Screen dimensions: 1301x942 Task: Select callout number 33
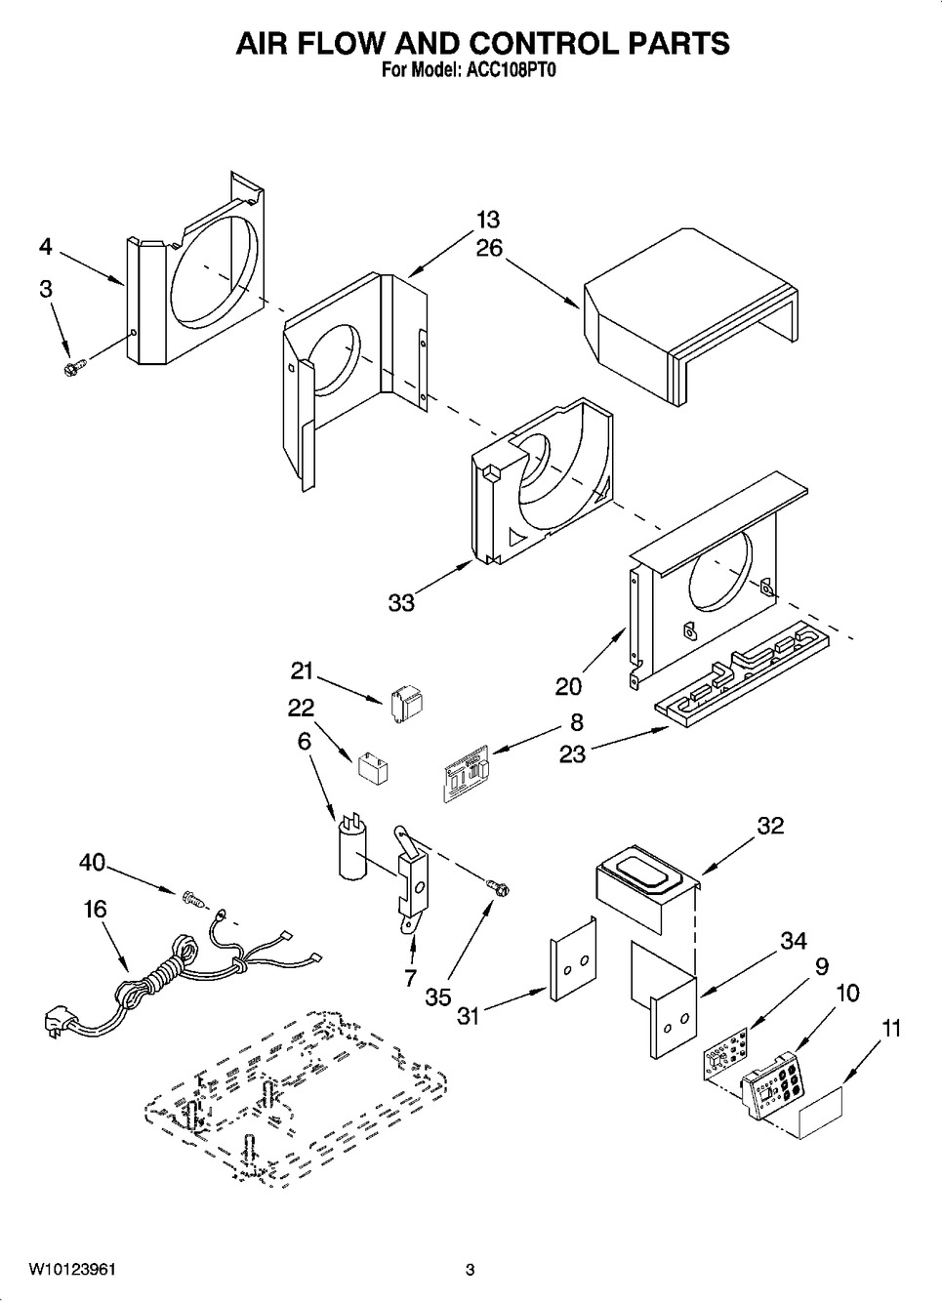point(401,603)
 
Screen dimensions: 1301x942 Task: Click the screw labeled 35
point(499,886)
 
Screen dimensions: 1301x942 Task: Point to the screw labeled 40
point(191,895)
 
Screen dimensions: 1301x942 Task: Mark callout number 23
point(572,753)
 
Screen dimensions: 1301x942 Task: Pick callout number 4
point(46,247)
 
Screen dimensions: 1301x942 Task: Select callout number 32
point(770,826)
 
